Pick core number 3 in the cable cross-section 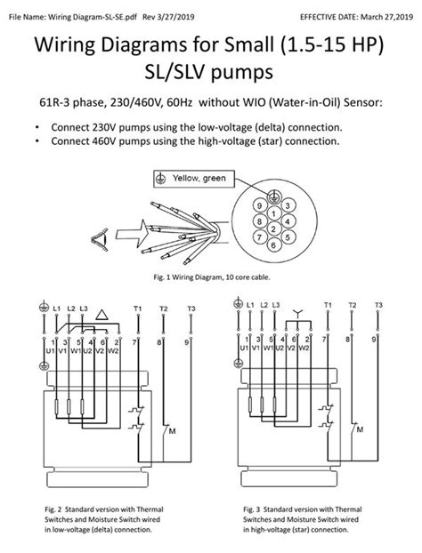pyautogui.click(x=288, y=205)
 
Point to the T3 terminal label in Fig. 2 pyautogui.click(x=191, y=307)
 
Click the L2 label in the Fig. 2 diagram pyautogui.click(x=71, y=308)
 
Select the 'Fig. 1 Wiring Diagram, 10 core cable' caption pyautogui.click(x=210, y=277)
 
